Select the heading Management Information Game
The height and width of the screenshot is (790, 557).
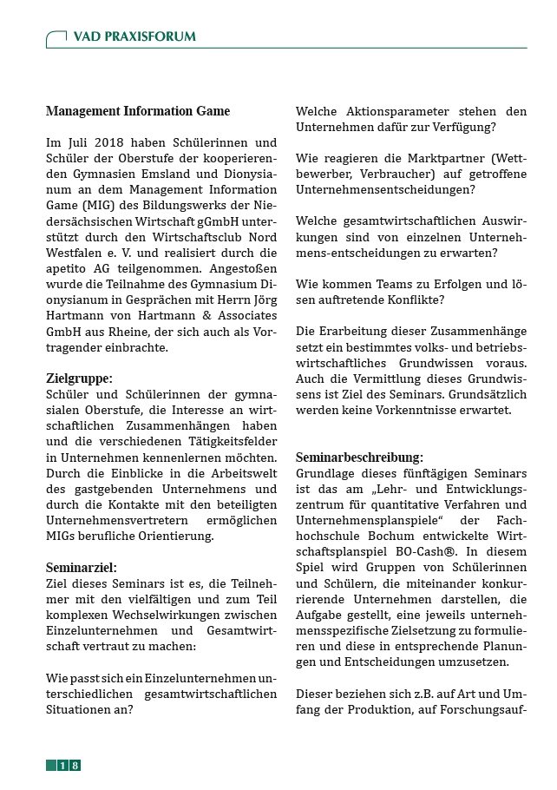pyautogui.click(x=138, y=111)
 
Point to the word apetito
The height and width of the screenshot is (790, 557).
pyautogui.click(x=69, y=268)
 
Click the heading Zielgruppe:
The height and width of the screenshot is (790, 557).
pyautogui.click(x=79, y=378)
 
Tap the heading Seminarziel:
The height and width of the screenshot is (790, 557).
pyautogui.click(x=82, y=567)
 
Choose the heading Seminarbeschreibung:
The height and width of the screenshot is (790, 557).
pyautogui.click(x=359, y=457)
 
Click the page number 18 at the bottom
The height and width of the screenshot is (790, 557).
pyautogui.click(x=69, y=765)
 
